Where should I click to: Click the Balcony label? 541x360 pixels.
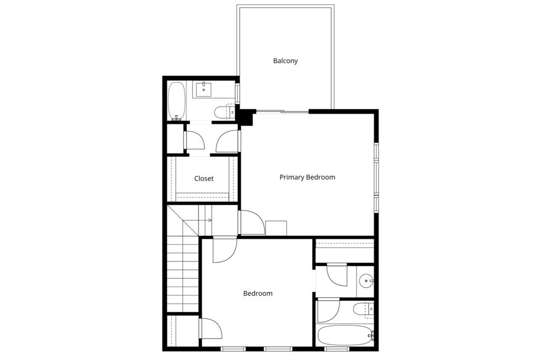pyautogui.click(x=285, y=61)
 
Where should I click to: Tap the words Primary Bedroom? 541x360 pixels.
pyautogui.click(x=307, y=177)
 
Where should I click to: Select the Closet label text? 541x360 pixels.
pyautogui.click(x=203, y=178)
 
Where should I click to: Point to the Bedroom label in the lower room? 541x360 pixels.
pyautogui.click(x=258, y=293)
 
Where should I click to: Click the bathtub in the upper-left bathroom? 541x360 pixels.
pyautogui.click(x=176, y=101)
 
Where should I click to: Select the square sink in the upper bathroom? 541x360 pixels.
pyautogui.click(x=203, y=90)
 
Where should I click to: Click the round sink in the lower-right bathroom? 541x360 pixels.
pyautogui.click(x=366, y=281)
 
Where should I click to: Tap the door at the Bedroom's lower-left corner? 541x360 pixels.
pyautogui.click(x=211, y=328)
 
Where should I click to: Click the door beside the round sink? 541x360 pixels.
pyautogui.click(x=337, y=274)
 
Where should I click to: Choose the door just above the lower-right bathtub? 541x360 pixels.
pyautogui.click(x=328, y=310)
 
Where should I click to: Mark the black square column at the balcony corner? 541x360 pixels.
pyautogui.click(x=245, y=117)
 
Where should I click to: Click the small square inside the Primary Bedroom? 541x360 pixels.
pyautogui.click(x=276, y=228)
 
